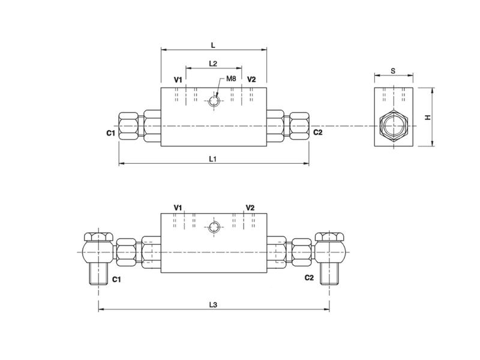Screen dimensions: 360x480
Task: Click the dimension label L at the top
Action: pos(214,45)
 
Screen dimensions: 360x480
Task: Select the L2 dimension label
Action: pos(213,63)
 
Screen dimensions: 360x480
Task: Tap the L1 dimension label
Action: pos(213,158)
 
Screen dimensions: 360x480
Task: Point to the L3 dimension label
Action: pos(213,304)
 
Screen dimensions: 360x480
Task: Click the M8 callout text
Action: pos(231,79)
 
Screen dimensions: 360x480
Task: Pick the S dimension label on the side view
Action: pos(392,70)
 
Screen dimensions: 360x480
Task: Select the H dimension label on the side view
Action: pos(428,117)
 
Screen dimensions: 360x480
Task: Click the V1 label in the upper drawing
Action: pos(178,79)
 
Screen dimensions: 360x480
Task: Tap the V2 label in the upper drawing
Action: pos(251,79)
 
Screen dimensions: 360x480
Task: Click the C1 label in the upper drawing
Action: pos(110,133)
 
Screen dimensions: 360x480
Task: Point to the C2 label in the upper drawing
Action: pos(317,132)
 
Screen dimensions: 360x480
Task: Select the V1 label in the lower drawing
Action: pos(178,207)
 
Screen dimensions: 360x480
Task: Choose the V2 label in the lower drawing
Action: pos(250,207)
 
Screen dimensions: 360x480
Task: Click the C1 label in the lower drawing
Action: pos(117,279)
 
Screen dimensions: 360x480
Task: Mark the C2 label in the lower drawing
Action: pos(309,277)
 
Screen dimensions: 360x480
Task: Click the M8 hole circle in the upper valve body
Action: pos(214,101)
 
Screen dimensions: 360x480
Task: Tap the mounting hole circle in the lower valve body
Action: pos(214,226)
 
